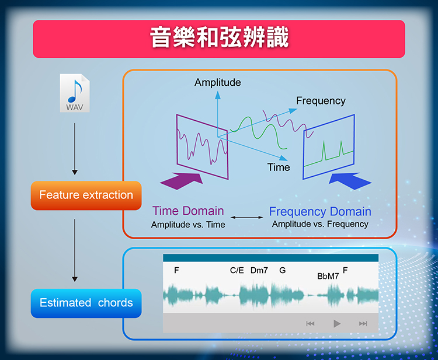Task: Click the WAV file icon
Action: coord(75,93)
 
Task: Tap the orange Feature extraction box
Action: coord(86,195)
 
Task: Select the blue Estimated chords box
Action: coord(86,303)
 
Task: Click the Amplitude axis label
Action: coord(218,82)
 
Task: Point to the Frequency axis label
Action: coord(321,101)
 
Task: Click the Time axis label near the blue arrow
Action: coord(279,167)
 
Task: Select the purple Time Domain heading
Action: coord(188,211)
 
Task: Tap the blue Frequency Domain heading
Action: coord(320,212)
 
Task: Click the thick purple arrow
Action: coord(182,181)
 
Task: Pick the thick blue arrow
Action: coord(350,181)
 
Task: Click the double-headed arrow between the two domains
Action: coord(246,218)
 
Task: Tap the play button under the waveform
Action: coord(337,324)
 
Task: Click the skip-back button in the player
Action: coord(310,324)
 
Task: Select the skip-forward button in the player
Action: coord(363,324)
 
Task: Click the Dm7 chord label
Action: coord(259,270)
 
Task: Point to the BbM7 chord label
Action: coord(328,277)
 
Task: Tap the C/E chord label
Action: coord(237,270)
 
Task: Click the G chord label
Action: coord(283,270)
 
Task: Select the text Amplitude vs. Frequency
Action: coord(320,224)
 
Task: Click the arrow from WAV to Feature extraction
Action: coord(75,149)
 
